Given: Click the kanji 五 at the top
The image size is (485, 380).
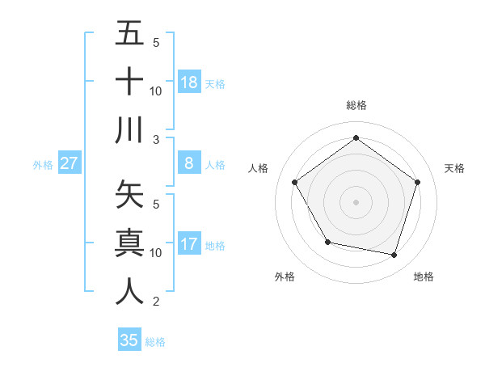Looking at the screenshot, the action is [129, 35].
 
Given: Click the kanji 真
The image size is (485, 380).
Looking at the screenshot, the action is [129, 243].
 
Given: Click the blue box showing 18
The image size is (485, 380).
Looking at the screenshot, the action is [189, 82].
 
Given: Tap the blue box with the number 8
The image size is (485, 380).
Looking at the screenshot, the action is [189, 163].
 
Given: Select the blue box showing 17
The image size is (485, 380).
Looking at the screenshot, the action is [189, 244].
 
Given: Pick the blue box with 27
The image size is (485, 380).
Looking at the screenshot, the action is [70, 163].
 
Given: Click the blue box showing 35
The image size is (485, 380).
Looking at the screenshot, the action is [129, 340].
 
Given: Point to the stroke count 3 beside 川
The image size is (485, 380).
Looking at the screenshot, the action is [155, 139].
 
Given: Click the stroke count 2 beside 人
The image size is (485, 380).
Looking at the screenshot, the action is [155, 302].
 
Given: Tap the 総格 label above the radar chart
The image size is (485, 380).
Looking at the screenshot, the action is [356, 105].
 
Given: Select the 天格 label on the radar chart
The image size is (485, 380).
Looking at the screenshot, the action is [455, 168].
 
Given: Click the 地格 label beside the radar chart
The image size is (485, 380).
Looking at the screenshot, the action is [424, 277].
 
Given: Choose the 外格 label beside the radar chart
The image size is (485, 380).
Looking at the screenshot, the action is [285, 277].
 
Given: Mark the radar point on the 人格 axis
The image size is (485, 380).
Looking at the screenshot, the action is [294, 182].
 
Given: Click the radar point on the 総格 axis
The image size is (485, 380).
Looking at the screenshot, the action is [356, 137].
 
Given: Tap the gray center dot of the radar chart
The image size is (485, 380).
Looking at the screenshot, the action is [356, 201].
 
